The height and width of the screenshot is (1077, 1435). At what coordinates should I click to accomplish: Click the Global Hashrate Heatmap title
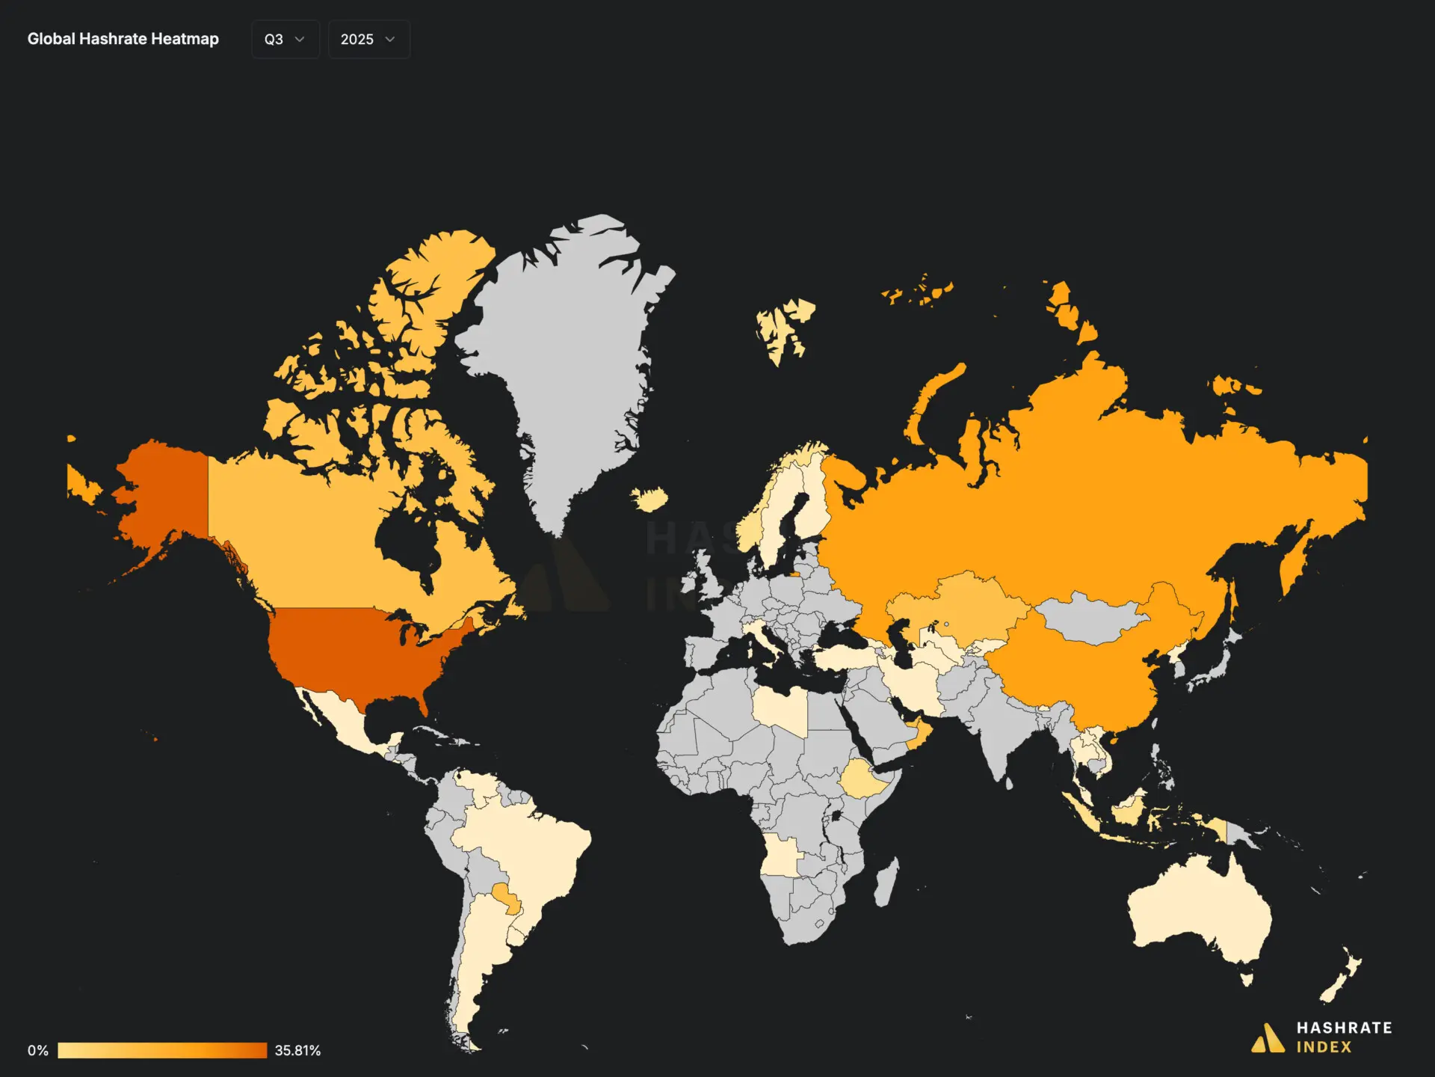coord(123,39)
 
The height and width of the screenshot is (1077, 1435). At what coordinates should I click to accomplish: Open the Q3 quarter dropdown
coord(285,40)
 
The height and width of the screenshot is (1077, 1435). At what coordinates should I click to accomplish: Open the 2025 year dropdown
coord(368,40)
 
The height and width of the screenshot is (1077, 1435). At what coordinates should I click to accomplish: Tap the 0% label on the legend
coord(38,1050)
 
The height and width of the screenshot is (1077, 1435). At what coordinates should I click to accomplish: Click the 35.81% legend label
coord(297,1050)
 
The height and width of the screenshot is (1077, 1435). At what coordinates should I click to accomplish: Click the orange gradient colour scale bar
coord(162,1050)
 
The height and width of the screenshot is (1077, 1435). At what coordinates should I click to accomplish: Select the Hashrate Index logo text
coord(1343,1037)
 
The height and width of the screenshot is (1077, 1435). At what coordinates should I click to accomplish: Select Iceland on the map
coord(649,498)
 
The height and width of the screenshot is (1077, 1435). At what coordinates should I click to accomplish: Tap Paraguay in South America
coord(505,897)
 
